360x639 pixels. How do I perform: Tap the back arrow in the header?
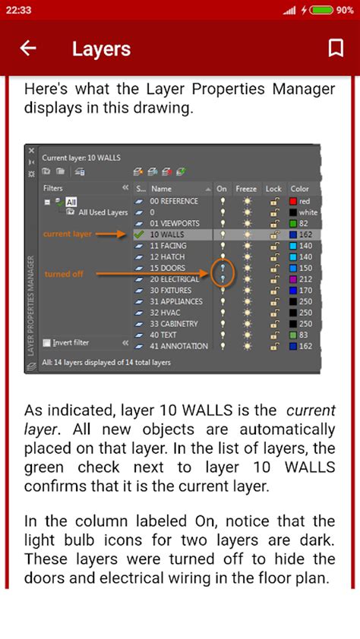tap(28, 49)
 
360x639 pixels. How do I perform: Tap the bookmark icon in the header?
tap(335, 49)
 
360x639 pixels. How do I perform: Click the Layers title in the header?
tap(101, 49)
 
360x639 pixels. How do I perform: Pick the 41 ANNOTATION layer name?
tap(178, 346)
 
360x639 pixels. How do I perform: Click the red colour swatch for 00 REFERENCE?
tap(293, 201)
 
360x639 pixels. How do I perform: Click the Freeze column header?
tap(246, 188)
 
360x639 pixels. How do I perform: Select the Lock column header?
tap(273, 188)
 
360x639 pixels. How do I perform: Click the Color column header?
tap(300, 188)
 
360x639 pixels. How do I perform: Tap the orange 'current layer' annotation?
tap(67, 235)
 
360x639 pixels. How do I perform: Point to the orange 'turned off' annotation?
tap(64, 274)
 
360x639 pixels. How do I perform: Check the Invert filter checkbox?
tap(47, 342)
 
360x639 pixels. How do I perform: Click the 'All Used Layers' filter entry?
tap(102, 212)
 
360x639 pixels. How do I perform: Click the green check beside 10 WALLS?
tap(139, 235)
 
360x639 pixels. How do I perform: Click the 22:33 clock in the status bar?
tap(16, 10)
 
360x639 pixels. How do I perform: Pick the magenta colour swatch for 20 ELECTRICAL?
tap(293, 279)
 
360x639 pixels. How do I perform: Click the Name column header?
tap(161, 188)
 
